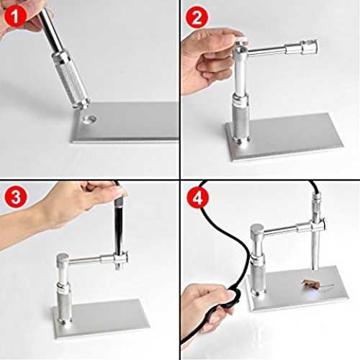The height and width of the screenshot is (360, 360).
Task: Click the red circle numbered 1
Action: coord(15,16)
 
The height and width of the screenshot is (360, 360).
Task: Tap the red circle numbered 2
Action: coord(197,17)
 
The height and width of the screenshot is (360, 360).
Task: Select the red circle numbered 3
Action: coord(16,197)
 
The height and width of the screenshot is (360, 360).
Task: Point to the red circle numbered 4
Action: coord(197,198)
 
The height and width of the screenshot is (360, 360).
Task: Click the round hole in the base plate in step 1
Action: coord(89,119)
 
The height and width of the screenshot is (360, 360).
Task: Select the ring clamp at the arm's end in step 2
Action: coord(310,48)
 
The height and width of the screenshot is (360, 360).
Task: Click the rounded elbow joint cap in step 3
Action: coord(63,260)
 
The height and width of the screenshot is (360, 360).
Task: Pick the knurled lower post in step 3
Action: coord(64,304)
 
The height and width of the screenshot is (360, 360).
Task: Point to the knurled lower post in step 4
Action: coord(258,275)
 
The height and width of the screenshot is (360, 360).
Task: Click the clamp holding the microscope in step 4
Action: coord(318,225)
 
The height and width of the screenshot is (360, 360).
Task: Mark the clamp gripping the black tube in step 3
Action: coord(121,258)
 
